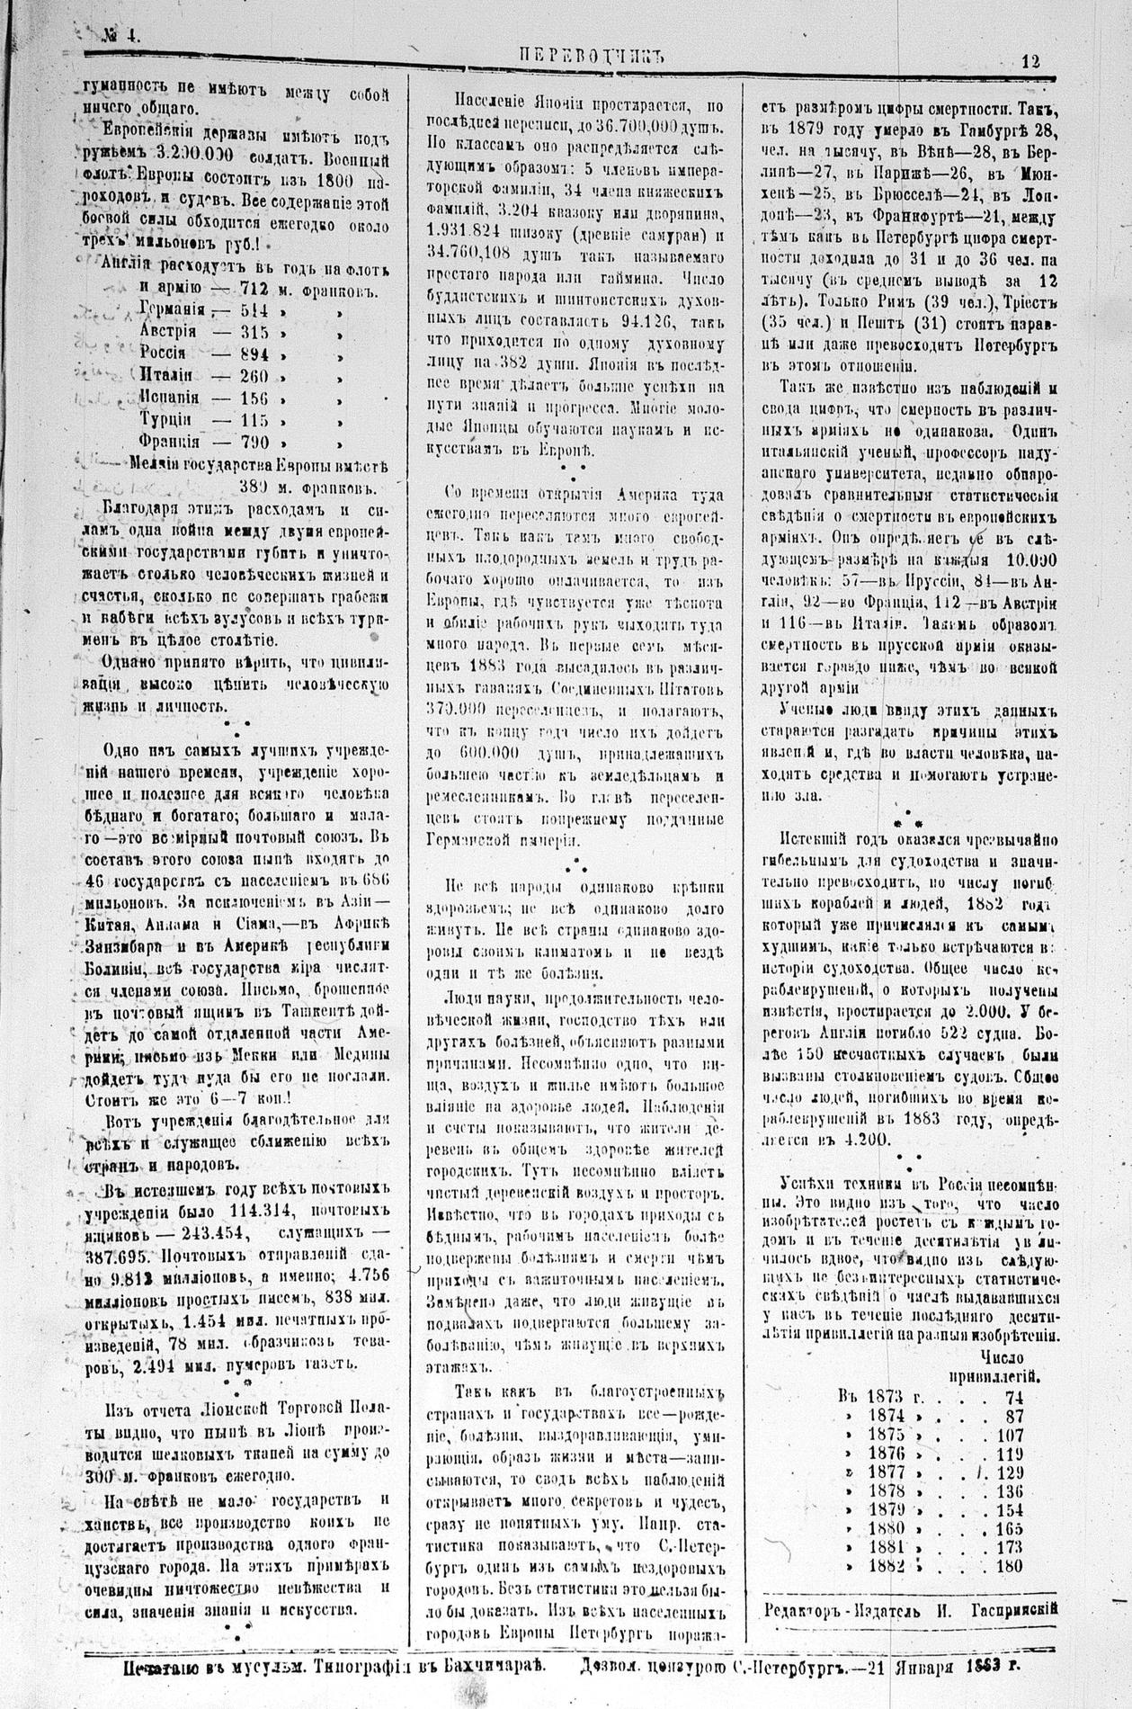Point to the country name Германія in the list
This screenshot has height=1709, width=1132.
[x=173, y=310]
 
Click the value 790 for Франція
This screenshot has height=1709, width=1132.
[x=249, y=441]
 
